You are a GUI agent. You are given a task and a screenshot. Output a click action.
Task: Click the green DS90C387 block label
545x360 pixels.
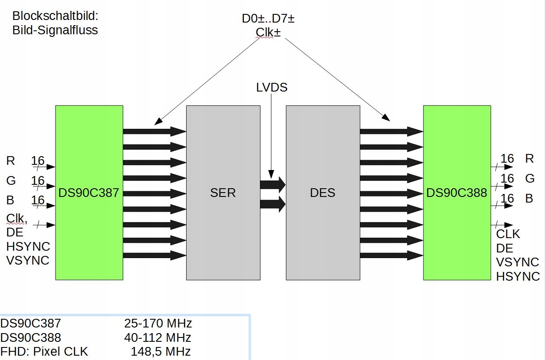[89, 193]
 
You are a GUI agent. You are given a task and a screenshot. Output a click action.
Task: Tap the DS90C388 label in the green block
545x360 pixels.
[456, 193]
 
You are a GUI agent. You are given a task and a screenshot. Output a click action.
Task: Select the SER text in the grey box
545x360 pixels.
[223, 193]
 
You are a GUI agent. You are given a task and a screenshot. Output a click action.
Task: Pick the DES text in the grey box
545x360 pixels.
[323, 193]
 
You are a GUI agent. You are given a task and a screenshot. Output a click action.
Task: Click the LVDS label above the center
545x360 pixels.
[272, 87]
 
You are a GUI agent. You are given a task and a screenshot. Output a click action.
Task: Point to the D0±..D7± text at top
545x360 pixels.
[268, 19]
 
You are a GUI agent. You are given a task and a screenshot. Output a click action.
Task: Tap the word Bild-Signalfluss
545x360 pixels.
[55, 30]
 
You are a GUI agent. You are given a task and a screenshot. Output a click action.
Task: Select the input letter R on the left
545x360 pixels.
[10, 161]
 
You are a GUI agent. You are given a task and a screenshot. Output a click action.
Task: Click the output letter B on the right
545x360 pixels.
[529, 199]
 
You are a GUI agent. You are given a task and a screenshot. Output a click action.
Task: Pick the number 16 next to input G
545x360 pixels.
[38, 181]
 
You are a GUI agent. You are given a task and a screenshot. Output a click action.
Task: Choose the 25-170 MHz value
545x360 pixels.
[158, 324]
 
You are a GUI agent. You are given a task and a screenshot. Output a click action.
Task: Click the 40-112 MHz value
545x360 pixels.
[158, 337]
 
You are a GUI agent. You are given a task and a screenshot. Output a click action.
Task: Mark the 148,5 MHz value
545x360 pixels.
[161, 351]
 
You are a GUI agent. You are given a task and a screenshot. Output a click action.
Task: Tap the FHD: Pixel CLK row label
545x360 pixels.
[44, 351]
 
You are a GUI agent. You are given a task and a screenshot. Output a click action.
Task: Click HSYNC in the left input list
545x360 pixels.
[28, 247]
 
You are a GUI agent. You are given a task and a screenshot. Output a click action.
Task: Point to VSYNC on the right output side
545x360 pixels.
[518, 262]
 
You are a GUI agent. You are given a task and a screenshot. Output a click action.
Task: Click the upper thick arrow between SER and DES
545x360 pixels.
[273, 185]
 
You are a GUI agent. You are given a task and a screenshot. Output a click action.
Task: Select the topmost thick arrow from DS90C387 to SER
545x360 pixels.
[155, 131]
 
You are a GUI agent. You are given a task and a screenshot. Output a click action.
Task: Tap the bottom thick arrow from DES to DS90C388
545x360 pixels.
[391, 255]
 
